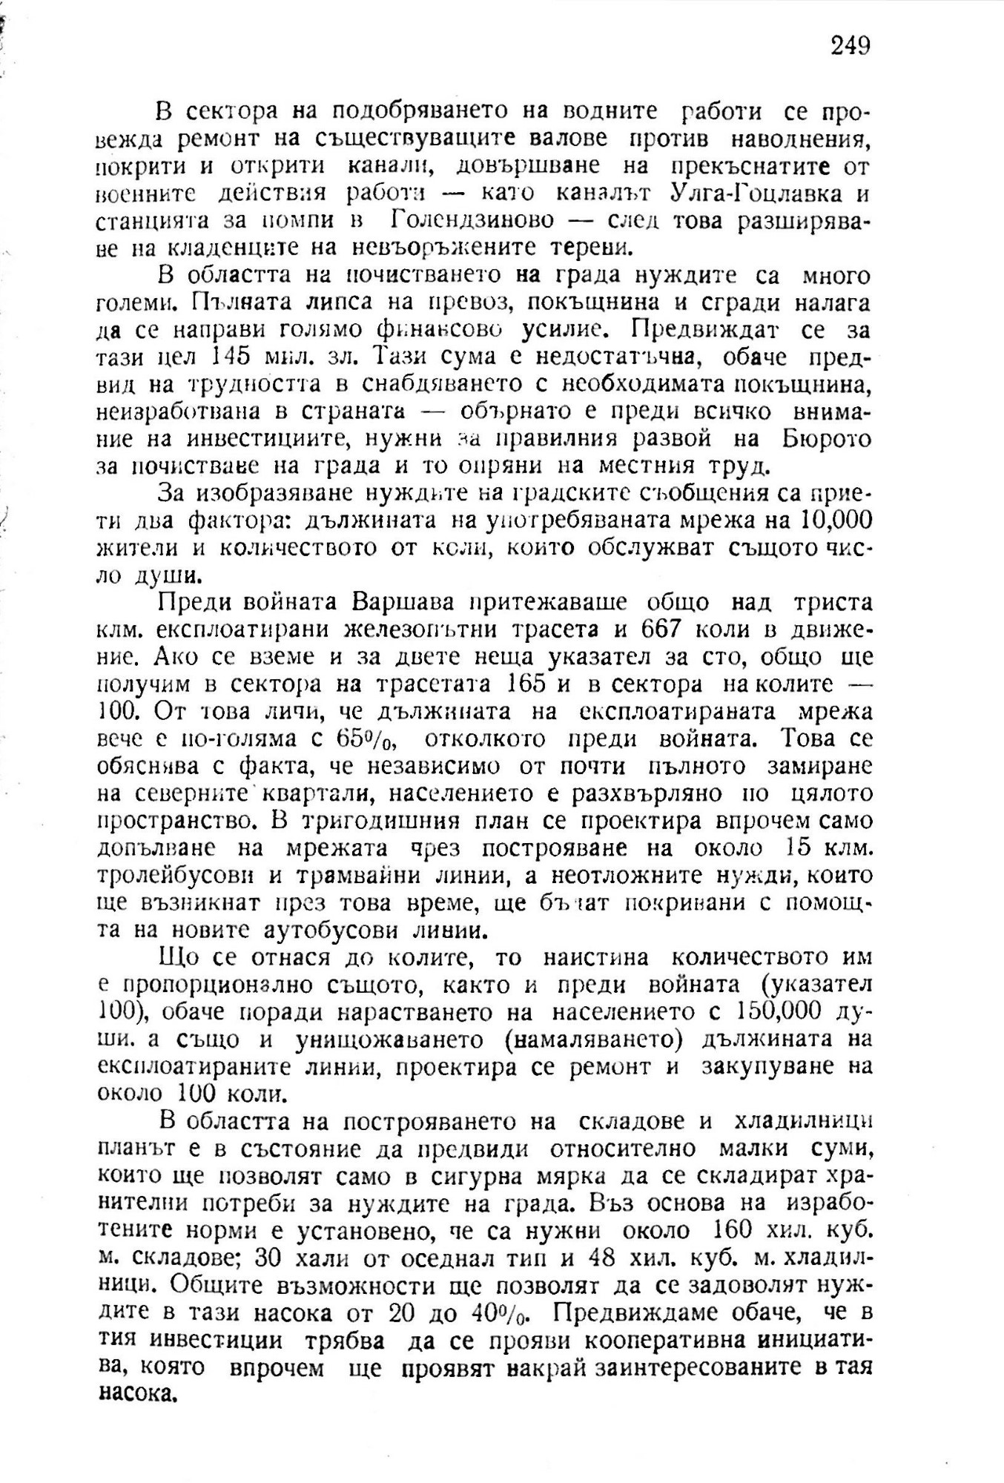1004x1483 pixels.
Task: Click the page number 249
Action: tap(850, 46)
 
